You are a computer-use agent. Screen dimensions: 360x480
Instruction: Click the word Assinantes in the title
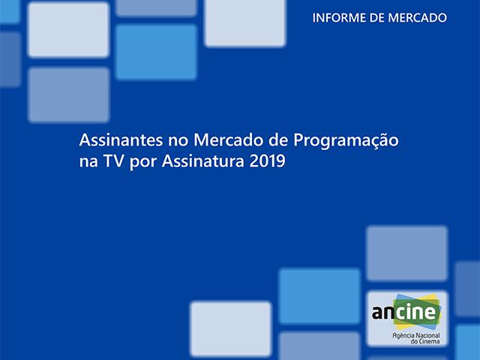coord(115,141)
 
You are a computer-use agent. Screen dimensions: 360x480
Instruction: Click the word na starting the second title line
coord(88,160)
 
